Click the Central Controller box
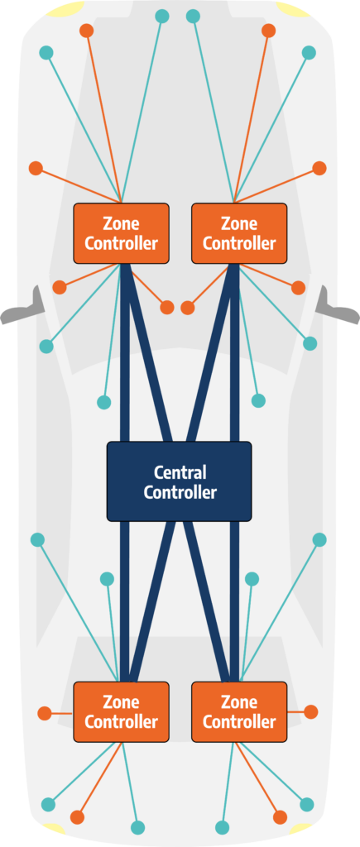click(x=179, y=481)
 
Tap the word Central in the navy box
click(x=180, y=472)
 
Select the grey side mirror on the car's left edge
click(x=22, y=306)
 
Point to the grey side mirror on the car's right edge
click(x=338, y=306)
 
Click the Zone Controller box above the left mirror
click(x=121, y=233)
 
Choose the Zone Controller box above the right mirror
click(x=239, y=233)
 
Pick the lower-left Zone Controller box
click(x=121, y=711)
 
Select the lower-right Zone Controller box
click(x=239, y=711)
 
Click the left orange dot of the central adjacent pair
click(x=167, y=308)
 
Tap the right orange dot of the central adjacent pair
click(x=188, y=308)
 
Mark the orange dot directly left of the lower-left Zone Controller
click(x=45, y=713)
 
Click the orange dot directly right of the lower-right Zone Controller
click(x=311, y=711)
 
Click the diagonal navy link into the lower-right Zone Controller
click(x=208, y=601)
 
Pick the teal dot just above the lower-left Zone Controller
click(x=107, y=579)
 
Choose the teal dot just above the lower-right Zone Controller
click(x=252, y=579)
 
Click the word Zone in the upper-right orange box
click(x=239, y=223)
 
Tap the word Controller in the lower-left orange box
click(x=121, y=721)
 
